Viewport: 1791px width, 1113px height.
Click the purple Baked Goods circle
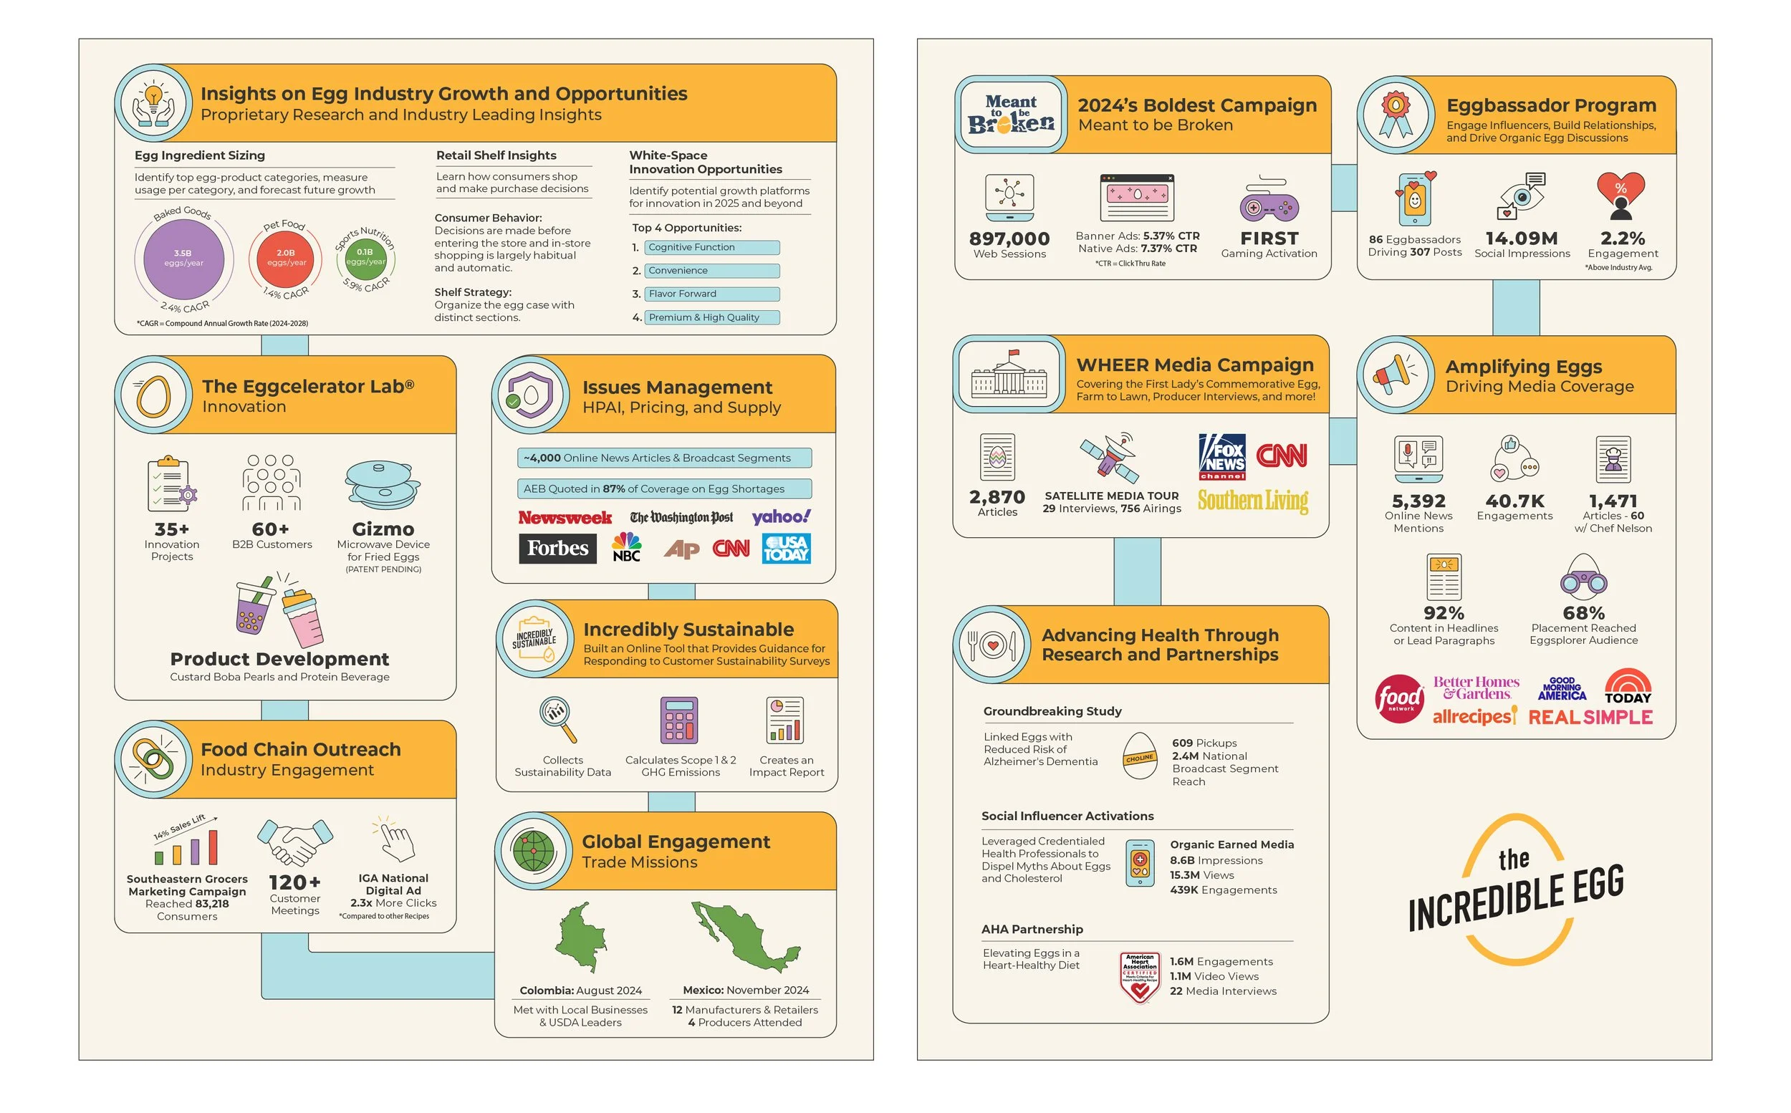click(x=183, y=259)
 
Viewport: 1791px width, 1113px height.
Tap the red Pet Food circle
click(x=286, y=259)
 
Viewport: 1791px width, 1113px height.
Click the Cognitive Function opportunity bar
click(x=711, y=247)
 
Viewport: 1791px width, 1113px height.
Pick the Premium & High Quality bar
click(x=711, y=317)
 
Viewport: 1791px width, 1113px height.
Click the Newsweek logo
click(x=565, y=518)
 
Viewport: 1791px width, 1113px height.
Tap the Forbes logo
click(x=557, y=549)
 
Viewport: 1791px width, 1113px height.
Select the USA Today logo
click(x=786, y=549)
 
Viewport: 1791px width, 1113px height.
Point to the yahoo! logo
click(x=780, y=517)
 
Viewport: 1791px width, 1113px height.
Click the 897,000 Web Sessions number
click(x=1009, y=238)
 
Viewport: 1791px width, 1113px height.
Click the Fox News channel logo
click(x=1222, y=457)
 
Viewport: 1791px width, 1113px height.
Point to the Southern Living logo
click(x=1252, y=501)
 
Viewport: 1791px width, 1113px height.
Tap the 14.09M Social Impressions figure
click(x=1522, y=238)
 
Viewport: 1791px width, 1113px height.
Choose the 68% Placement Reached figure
click(x=1583, y=613)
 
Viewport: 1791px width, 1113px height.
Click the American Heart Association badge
click(x=1140, y=977)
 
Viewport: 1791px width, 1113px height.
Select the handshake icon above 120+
click(x=294, y=842)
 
